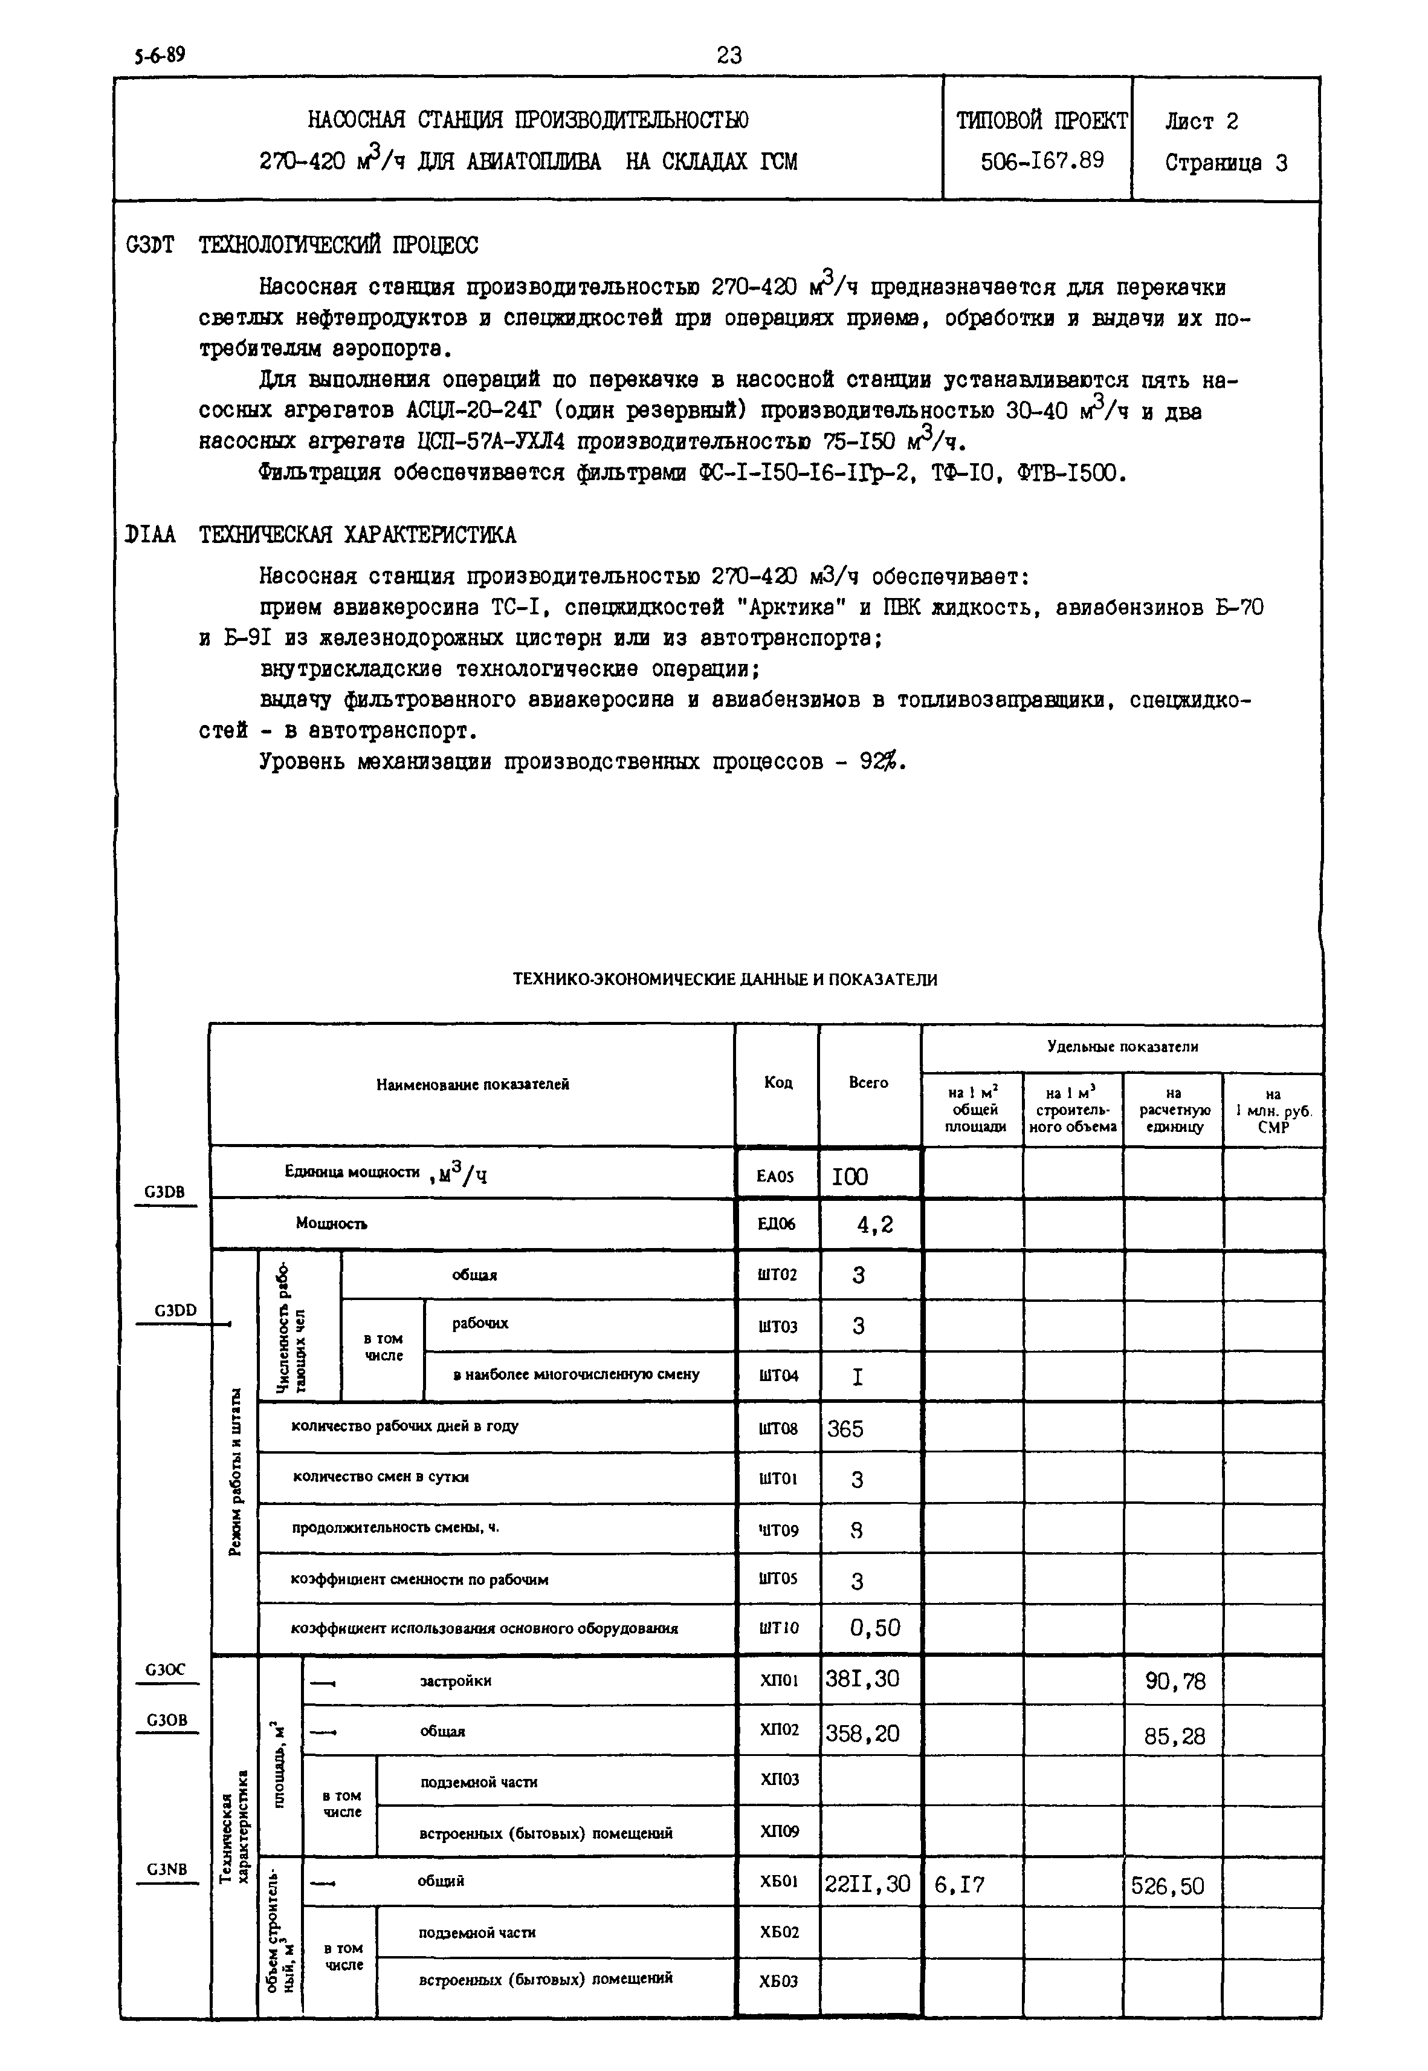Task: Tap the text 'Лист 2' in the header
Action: click(1201, 121)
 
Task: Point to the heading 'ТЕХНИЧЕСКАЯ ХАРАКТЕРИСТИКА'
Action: click(357, 535)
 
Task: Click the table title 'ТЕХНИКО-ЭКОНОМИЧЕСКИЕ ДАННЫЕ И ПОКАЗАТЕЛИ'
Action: click(725, 979)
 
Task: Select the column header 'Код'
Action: click(778, 1083)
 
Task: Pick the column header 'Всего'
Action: click(868, 1083)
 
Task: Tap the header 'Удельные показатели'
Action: click(1122, 1046)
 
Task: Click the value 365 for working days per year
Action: click(845, 1428)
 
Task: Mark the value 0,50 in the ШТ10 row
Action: click(874, 1628)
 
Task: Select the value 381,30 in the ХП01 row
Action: click(862, 1679)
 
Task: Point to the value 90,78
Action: click(1175, 1682)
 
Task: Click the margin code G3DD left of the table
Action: click(175, 1310)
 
